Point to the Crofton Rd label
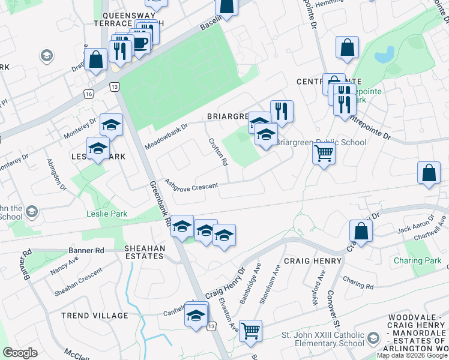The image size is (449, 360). [218, 152]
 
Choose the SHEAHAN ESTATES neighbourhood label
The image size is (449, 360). [143, 252]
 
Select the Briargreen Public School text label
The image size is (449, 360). [321, 143]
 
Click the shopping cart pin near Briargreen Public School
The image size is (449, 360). [324, 154]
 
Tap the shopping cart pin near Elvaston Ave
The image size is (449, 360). [250, 331]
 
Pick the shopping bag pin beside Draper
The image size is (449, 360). [95, 59]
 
